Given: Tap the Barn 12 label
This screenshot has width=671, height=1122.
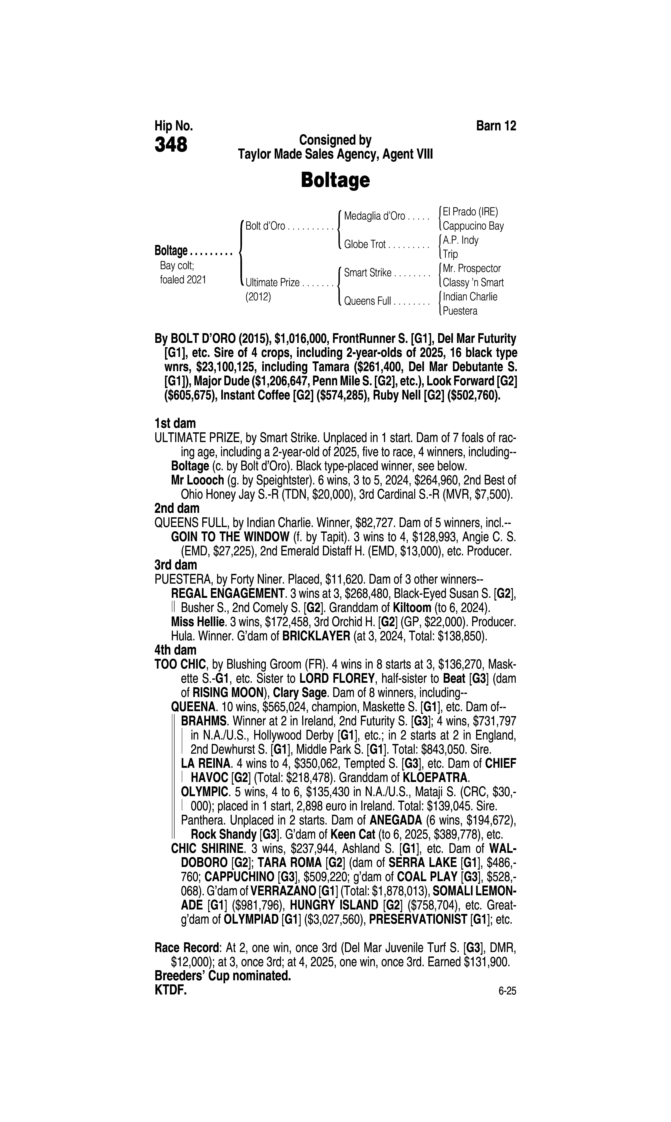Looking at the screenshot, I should coord(496,126).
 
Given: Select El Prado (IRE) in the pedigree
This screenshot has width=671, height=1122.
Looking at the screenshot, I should coord(470,212).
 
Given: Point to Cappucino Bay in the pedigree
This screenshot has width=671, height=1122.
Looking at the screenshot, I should coord(473,226).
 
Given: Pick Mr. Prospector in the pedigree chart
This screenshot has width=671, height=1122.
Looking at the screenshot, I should coord(472,269).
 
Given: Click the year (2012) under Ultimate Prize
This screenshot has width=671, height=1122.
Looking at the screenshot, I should coord(258,297).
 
